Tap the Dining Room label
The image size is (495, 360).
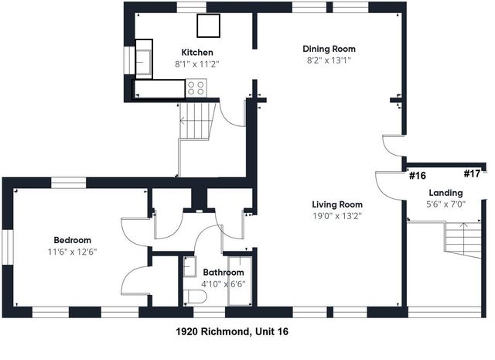(x=329, y=49)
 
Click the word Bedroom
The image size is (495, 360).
(x=72, y=240)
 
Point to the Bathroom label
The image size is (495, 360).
(x=224, y=273)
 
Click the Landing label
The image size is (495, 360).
(x=445, y=193)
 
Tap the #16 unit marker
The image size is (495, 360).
(x=418, y=175)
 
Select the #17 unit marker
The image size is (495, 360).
(x=472, y=174)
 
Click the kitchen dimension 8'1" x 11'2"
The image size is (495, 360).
(x=197, y=65)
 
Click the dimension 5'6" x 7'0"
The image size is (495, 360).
(x=445, y=204)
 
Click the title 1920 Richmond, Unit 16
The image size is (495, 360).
(x=233, y=331)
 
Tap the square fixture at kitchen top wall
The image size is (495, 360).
(x=208, y=26)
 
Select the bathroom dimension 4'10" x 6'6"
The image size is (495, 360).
(x=224, y=284)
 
